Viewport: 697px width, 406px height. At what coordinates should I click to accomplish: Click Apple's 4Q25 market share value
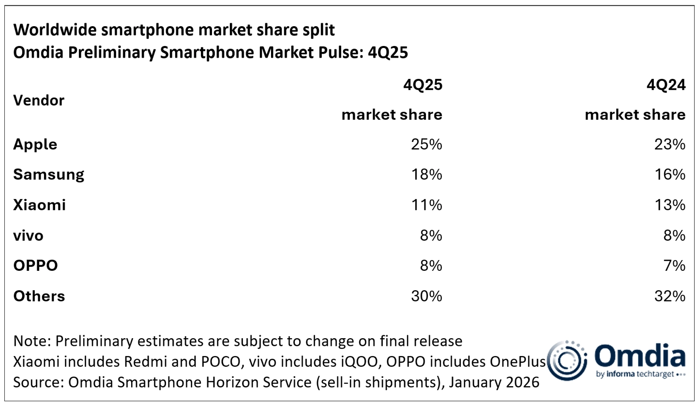click(x=427, y=144)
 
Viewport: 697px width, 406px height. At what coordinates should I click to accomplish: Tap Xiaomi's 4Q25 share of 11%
click(x=427, y=205)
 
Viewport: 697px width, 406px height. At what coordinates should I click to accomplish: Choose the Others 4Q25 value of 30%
click(x=427, y=296)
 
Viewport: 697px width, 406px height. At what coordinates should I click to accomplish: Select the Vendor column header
click(x=39, y=100)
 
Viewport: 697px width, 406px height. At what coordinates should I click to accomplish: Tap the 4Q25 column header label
click(x=423, y=85)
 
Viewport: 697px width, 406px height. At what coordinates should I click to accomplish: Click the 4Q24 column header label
click(x=666, y=85)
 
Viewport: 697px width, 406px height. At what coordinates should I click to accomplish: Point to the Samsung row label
click(x=48, y=175)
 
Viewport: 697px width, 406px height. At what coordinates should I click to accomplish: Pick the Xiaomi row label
click(x=39, y=205)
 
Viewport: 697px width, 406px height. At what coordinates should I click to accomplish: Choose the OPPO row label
click(x=35, y=265)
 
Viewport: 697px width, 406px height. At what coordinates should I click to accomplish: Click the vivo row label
click(x=28, y=235)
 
